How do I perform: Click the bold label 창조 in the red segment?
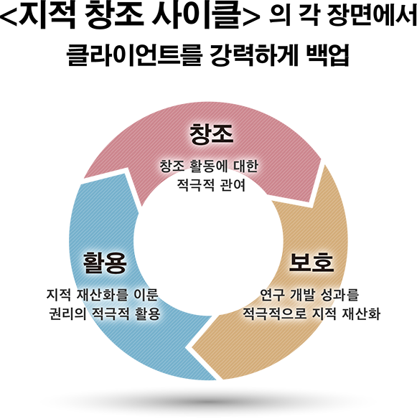tap(211, 134)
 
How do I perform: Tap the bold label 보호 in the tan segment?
tap(311, 263)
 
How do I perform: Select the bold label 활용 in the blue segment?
tap(105, 263)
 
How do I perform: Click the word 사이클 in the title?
tap(197, 15)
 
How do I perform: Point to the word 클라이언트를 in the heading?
tap(134, 55)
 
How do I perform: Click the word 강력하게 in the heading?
tap(254, 55)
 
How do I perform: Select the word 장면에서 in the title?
tap(373, 16)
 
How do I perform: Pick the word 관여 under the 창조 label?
tap(233, 184)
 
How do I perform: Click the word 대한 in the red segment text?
tap(246, 166)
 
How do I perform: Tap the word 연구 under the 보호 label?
tap(273, 295)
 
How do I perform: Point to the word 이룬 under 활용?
tap(146, 295)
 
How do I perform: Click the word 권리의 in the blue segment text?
tap(67, 314)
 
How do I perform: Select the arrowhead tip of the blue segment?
tap(83, 179)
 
